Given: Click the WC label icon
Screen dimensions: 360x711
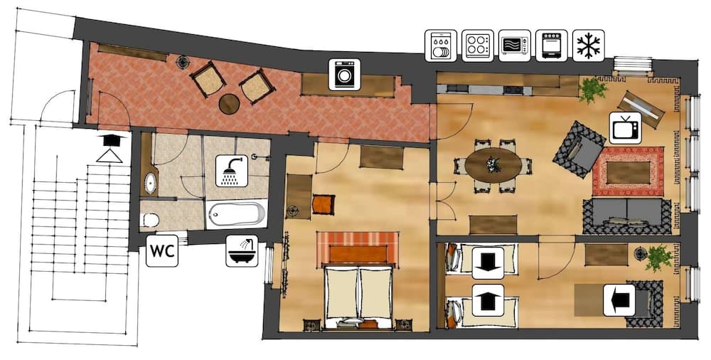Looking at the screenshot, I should click(161, 252).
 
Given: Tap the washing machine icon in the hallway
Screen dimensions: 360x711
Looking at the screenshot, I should click(345, 74).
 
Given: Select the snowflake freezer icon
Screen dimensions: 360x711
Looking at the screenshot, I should click(588, 45).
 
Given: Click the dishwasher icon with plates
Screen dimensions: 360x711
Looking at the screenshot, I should click(440, 45).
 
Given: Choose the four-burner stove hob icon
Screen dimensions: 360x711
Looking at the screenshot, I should click(477, 45).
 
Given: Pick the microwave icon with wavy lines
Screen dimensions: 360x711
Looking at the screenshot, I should click(514, 45).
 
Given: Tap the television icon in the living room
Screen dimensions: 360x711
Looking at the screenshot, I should click(626, 127).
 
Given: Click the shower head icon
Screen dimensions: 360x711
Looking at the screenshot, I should click(232, 171).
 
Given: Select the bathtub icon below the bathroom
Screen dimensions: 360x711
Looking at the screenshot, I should click(242, 250).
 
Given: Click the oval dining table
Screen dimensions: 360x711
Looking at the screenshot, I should click(493, 165).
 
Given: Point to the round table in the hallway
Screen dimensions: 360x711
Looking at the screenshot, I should click(229, 104).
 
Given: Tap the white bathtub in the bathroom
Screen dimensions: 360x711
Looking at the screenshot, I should click(237, 213).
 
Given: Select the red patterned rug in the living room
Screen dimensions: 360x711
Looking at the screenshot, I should click(628, 171).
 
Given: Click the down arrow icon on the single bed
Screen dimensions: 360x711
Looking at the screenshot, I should click(488, 263).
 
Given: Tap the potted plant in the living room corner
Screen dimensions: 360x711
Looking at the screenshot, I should click(592, 89).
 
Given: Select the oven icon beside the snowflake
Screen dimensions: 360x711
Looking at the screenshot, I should click(551, 45).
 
